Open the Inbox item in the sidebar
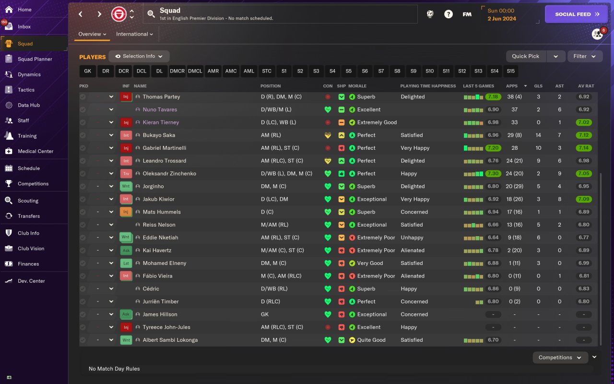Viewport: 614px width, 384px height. click(x=24, y=27)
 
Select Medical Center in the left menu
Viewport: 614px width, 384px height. click(x=35, y=151)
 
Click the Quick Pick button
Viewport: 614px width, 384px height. click(x=526, y=56)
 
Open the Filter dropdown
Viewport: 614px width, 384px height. click(x=585, y=56)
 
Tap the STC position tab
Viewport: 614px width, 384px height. click(x=267, y=71)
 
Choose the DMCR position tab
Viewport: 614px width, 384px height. click(x=177, y=71)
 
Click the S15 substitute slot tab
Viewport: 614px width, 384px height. click(x=510, y=71)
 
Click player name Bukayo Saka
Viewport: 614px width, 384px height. click(x=159, y=135)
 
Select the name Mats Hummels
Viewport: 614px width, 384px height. click(x=161, y=212)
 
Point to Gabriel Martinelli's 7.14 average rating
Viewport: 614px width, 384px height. click(x=584, y=148)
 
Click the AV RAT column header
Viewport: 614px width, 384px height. click(x=586, y=86)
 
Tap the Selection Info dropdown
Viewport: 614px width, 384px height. click(x=139, y=56)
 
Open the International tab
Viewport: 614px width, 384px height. click(x=134, y=34)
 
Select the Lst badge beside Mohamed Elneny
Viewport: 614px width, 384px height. click(x=126, y=264)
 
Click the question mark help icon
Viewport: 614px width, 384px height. click(x=448, y=14)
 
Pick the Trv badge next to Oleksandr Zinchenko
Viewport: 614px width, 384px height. click(x=126, y=174)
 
